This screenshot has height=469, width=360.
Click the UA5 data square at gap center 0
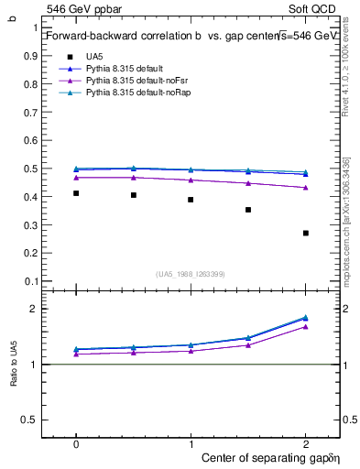(x=76, y=193)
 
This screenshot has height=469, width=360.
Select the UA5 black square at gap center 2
(x=306, y=233)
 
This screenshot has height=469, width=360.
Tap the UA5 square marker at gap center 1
(x=191, y=200)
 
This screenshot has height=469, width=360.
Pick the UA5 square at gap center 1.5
(x=248, y=210)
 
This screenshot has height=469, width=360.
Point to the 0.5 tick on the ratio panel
(x=31, y=420)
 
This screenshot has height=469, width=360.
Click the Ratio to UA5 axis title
(x=13, y=364)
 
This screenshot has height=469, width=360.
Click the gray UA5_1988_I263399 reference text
(x=191, y=274)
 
